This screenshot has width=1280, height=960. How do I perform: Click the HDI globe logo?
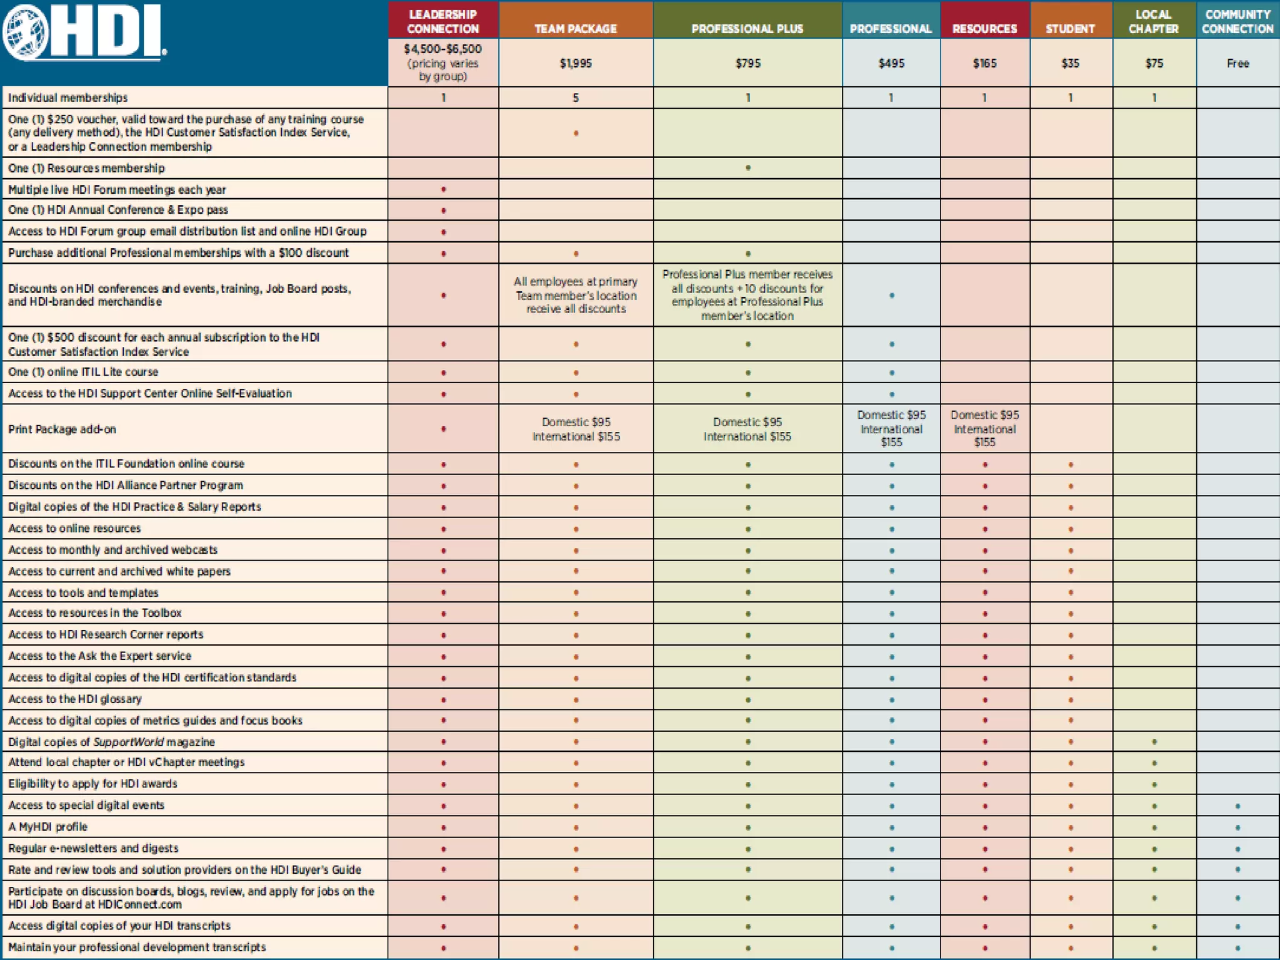26,32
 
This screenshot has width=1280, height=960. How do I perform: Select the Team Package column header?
576,29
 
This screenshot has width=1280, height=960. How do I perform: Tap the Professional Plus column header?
747,29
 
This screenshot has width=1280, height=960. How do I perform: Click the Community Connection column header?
1237,22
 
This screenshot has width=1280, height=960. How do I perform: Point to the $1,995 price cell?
576,63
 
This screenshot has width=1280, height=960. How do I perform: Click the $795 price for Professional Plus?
747,63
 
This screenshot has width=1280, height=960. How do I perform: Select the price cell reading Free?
1237,63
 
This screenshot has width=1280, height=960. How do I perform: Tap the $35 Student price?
1070,63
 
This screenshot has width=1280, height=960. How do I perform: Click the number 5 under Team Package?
576,98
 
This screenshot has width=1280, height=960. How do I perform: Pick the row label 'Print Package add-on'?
62,429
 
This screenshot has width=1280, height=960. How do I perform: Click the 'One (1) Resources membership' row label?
86,168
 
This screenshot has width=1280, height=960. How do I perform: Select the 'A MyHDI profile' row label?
48,827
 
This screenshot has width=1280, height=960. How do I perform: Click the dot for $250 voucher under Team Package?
576,133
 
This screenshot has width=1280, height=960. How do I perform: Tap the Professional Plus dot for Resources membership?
748,168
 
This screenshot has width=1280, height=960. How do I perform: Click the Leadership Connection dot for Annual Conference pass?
444,211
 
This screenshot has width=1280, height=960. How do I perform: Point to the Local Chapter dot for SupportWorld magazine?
1154,742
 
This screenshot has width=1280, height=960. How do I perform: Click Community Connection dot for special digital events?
1237,806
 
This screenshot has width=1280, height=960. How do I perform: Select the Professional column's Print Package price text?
891,429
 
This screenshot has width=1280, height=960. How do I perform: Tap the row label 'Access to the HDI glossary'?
75,699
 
